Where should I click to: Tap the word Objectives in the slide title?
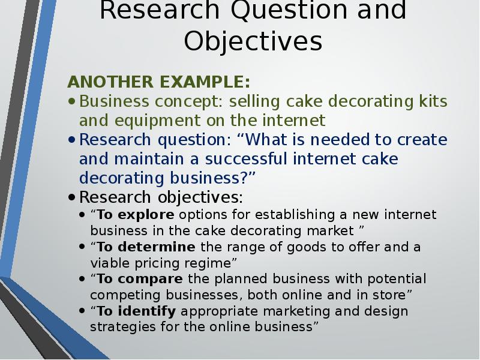[x=253, y=41]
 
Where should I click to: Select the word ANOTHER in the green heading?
[x=110, y=82]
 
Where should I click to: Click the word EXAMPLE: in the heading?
[x=205, y=82]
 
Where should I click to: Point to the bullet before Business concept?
[x=71, y=101]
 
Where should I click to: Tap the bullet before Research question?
[x=71, y=140]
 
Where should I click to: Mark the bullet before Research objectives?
[x=71, y=197]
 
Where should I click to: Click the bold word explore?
[x=146, y=215]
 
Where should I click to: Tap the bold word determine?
[x=157, y=247]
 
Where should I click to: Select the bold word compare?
[x=151, y=280]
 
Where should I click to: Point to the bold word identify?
[x=147, y=311]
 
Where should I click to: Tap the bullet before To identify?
[x=82, y=311]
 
